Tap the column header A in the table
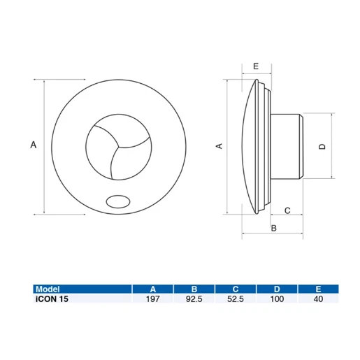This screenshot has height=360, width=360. point(153,288)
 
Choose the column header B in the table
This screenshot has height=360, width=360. point(194,288)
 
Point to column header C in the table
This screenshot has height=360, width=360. point(236,288)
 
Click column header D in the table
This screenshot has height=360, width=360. point(278,288)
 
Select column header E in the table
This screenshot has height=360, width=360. point(319,288)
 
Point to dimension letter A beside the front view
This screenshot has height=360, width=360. point(32,145)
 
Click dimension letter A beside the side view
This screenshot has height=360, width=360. point(218,145)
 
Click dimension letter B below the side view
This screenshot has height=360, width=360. point(274,228)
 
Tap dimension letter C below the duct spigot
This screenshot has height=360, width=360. point(287,210)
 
